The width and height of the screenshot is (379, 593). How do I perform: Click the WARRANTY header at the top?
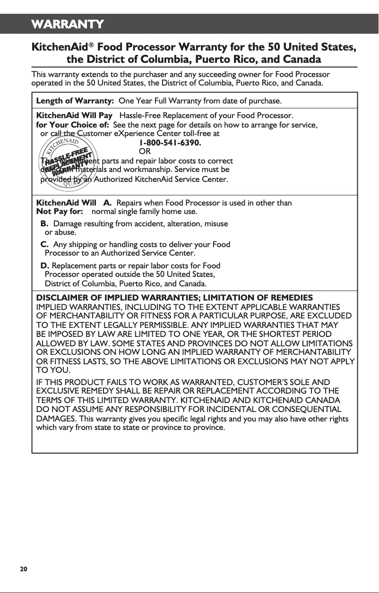click(x=68, y=24)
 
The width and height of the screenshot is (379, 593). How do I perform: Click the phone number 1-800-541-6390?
click(x=170, y=143)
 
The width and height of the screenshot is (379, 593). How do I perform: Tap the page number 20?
click(x=23, y=568)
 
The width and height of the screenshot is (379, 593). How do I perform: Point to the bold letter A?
click(x=107, y=203)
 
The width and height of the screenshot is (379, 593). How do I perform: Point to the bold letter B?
click(x=44, y=223)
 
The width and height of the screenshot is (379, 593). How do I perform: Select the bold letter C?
click(x=44, y=244)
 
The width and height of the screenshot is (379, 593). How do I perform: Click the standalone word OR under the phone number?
click(x=145, y=152)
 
